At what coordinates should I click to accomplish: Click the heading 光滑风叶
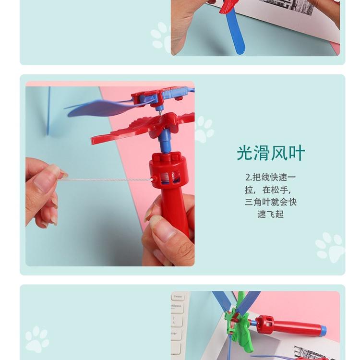[x=271, y=153]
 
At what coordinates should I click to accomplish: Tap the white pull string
[x=106, y=180]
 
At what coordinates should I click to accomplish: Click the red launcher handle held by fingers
[x=175, y=211]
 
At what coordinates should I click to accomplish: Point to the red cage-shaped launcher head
[x=169, y=169]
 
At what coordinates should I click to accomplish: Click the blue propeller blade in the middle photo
[x=103, y=108]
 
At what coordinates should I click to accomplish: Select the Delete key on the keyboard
[x=178, y=297]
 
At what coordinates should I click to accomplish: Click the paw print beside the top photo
[x=161, y=37]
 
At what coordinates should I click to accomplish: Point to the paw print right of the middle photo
[x=204, y=129]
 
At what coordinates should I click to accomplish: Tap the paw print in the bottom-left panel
[x=37, y=340]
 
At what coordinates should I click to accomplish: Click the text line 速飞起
[x=270, y=214]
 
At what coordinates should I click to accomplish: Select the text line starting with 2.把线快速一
[x=270, y=177]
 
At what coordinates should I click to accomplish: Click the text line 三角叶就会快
[x=270, y=202]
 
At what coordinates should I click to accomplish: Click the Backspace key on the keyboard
[x=177, y=307]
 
